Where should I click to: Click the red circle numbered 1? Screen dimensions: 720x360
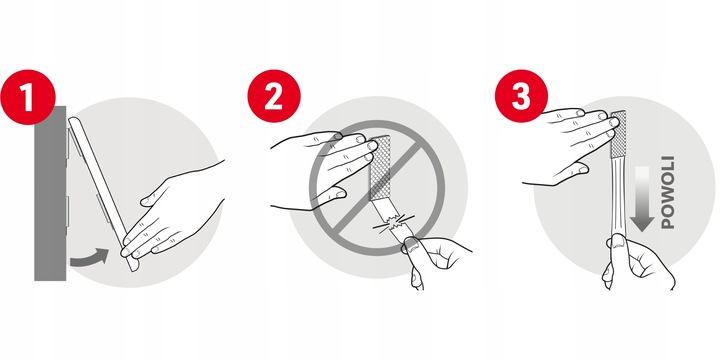pyautogui.click(x=28, y=97)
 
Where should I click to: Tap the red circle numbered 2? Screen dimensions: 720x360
pyautogui.click(x=274, y=96)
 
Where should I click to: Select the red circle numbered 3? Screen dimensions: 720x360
pyautogui.click(x=521, y=96)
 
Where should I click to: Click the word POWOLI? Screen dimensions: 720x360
pyautogui.click(x=667, y=192)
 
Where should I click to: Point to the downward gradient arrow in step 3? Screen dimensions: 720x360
pyautogui.click(x=642, y=198)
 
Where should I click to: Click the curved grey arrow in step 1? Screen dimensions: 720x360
pyautogui.click(x=90, y=258)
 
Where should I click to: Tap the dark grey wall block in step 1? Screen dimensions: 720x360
pyautogui.click(x=50, y=193)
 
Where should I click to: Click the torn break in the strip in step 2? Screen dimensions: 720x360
pyautogui.click(x=395, y=223)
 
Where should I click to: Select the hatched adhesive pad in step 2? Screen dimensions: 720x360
pyautogui.click(x=380, y=168)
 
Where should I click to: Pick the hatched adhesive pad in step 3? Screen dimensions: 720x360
pyautogui.click(x=618, y=134)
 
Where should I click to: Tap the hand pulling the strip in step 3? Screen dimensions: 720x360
pyautogui.click(x=637, y=262)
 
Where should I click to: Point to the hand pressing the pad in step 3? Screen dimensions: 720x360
pyautogui.click(x=572, y=143)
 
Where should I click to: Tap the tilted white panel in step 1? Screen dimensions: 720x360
pyautogui.click(x=103, y=193)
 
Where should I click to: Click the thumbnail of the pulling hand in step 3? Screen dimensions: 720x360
pyautogui.click(x=617, y=241)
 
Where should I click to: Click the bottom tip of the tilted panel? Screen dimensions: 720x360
pyautogui.click(x=134, y=270)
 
